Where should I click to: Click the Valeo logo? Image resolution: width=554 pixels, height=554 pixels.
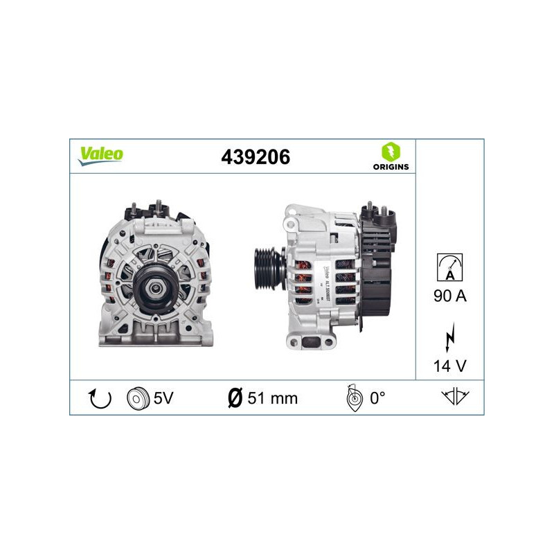coord(100,155)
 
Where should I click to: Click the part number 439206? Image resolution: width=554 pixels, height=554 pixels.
coord(255,157)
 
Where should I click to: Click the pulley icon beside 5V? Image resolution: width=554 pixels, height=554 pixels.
coord(138,397)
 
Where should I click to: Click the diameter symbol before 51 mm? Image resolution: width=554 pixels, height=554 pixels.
coord(235,397)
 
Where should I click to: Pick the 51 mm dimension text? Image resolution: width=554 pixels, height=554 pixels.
coord(272,397)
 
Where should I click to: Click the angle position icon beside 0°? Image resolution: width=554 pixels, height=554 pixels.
coord(352,397)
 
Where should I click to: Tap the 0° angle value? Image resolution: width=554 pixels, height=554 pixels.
coord(377,397)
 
